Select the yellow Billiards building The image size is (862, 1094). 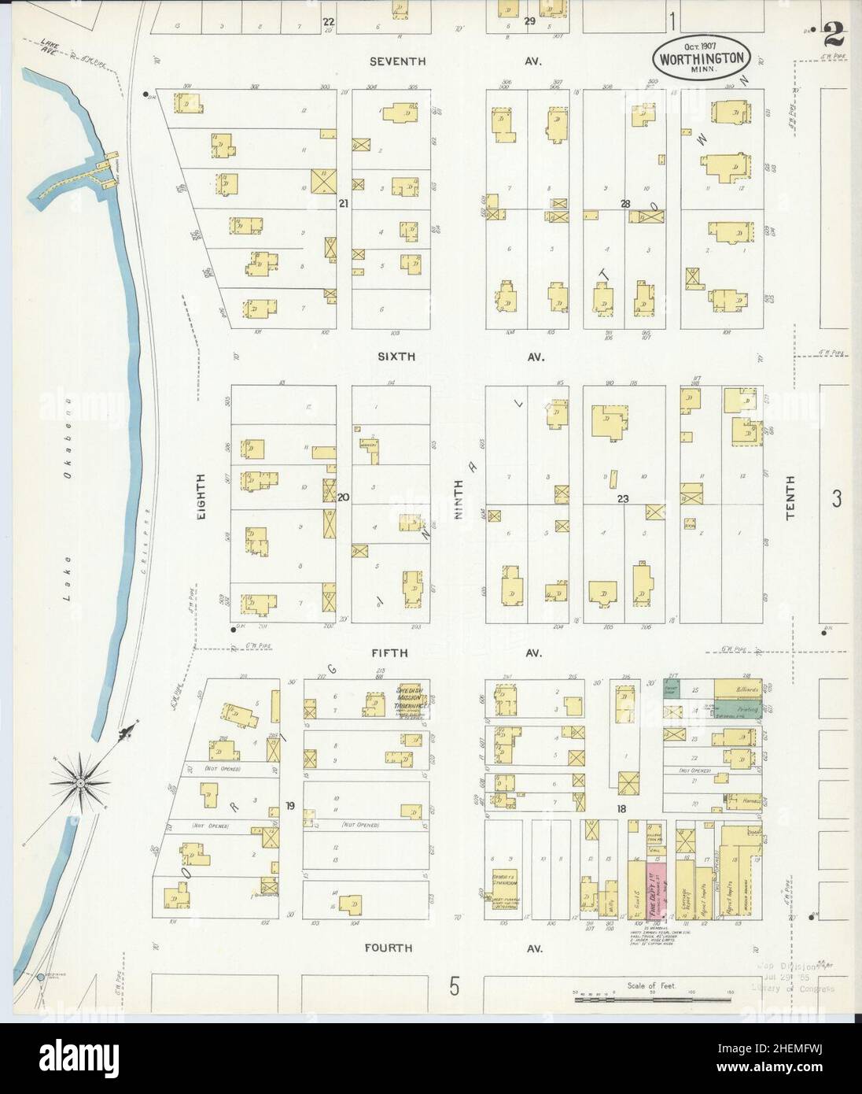pyautogui.click(x=737, y=688)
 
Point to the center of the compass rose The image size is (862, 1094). pyautogui.click(x=80, y=782)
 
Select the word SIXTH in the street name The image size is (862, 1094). pyautogui.click(x=397, y=357)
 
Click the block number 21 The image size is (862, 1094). pyautogui.click(x=343, y=204)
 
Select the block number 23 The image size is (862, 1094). pyautogui.click(x=624, y=498)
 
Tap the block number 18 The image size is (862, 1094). pyautogui.click(x=621, y=808)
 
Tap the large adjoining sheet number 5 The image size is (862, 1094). pyautogui.click(x=454, y=986)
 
